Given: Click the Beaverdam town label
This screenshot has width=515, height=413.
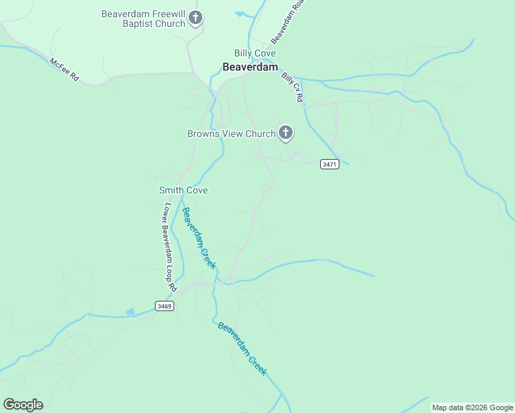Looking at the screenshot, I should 250,67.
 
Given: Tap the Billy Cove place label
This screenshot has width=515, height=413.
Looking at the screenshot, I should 255,53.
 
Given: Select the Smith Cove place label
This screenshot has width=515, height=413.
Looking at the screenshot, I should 183,190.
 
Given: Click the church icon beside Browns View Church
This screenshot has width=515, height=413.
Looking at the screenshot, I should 285,134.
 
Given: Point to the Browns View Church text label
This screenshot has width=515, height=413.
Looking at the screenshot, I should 231,134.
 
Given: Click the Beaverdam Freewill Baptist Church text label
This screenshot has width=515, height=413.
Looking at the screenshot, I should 143,19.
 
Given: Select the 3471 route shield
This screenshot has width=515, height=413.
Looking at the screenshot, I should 330,165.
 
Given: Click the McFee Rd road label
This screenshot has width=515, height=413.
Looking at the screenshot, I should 64,70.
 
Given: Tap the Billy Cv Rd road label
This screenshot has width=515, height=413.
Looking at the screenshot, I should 292,87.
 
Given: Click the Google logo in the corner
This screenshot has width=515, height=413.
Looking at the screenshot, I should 23,405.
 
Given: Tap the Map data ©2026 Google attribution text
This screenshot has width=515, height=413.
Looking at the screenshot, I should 472,407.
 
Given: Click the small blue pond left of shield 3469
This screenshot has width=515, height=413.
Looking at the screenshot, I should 130,312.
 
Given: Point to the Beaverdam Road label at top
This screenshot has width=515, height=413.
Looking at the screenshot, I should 287,21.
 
